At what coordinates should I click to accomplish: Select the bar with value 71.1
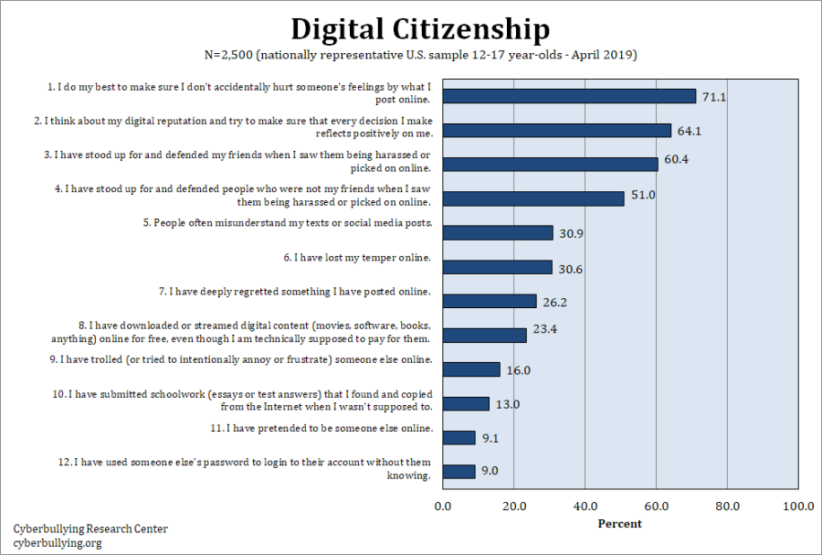pos(569,96)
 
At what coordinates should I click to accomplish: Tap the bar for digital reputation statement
pos(556,131)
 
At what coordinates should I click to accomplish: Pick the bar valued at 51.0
pos(533,198)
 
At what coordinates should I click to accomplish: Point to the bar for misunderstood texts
pos(498,233)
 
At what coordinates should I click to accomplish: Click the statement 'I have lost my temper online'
pos(356,258)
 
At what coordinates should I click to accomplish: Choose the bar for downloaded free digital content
pos(484,336)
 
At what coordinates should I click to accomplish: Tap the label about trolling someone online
pos(246,359)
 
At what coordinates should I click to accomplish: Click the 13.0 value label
pos(508,404)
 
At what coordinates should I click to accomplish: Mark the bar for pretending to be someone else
pos(458,438)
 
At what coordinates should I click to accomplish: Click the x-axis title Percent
pos(619,524)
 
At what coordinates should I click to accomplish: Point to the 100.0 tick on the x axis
pos(798,506)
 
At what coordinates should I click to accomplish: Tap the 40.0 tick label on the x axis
pos(585,506)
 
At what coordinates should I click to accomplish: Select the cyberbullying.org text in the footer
pos(58,543)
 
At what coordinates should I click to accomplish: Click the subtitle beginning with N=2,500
pos(420,55)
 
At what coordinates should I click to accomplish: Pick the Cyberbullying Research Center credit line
pos(90,529)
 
